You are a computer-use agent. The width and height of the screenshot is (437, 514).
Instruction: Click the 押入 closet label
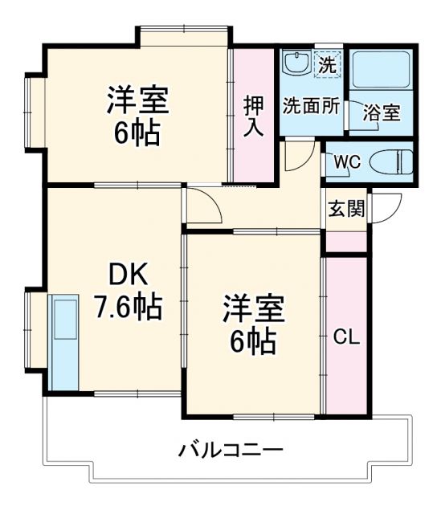click(254, 117)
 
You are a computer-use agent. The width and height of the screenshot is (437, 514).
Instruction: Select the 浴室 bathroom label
click(381, 112)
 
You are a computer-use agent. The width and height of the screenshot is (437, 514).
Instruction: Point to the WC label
click(346, 161)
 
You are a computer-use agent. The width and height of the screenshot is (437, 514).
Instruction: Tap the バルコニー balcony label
click(230, 449)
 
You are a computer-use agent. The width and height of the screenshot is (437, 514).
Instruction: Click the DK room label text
click(129, 276)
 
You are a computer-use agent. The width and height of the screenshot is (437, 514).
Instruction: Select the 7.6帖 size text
click(129, 306)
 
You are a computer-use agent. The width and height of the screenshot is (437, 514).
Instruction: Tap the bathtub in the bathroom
click(382, 71)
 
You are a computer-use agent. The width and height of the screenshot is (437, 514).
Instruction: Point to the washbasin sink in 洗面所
click(296, 63)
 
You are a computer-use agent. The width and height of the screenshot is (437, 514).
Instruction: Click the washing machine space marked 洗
click(326, 63)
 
